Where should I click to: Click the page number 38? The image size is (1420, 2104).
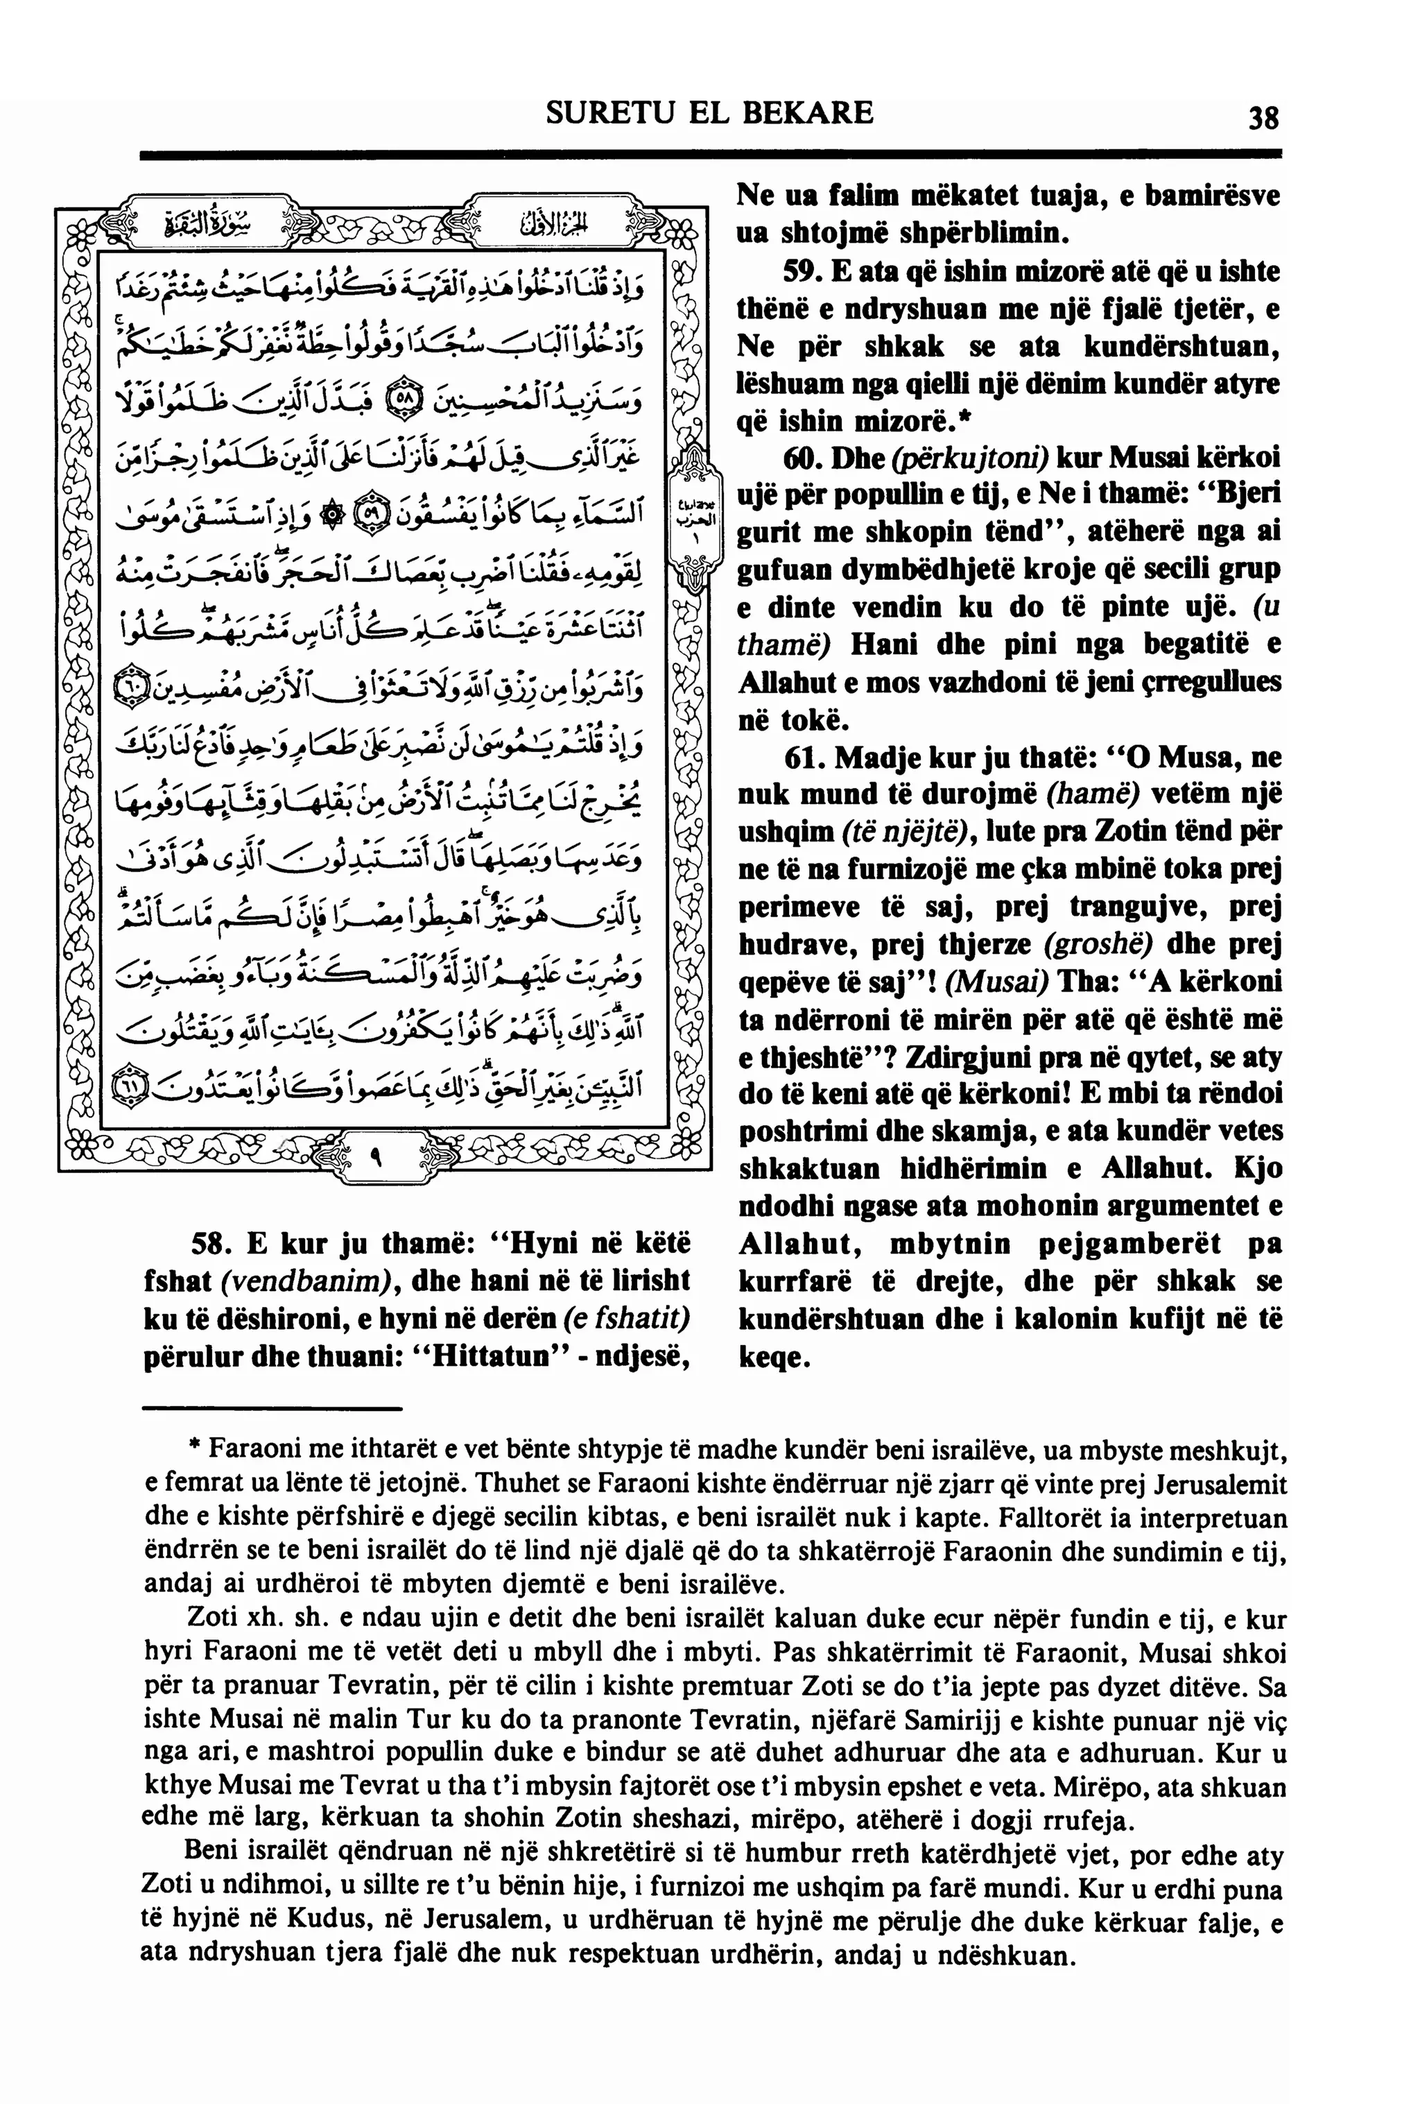click(x=1263, y=119)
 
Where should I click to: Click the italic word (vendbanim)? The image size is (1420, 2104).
click(x=302, y=1281)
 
